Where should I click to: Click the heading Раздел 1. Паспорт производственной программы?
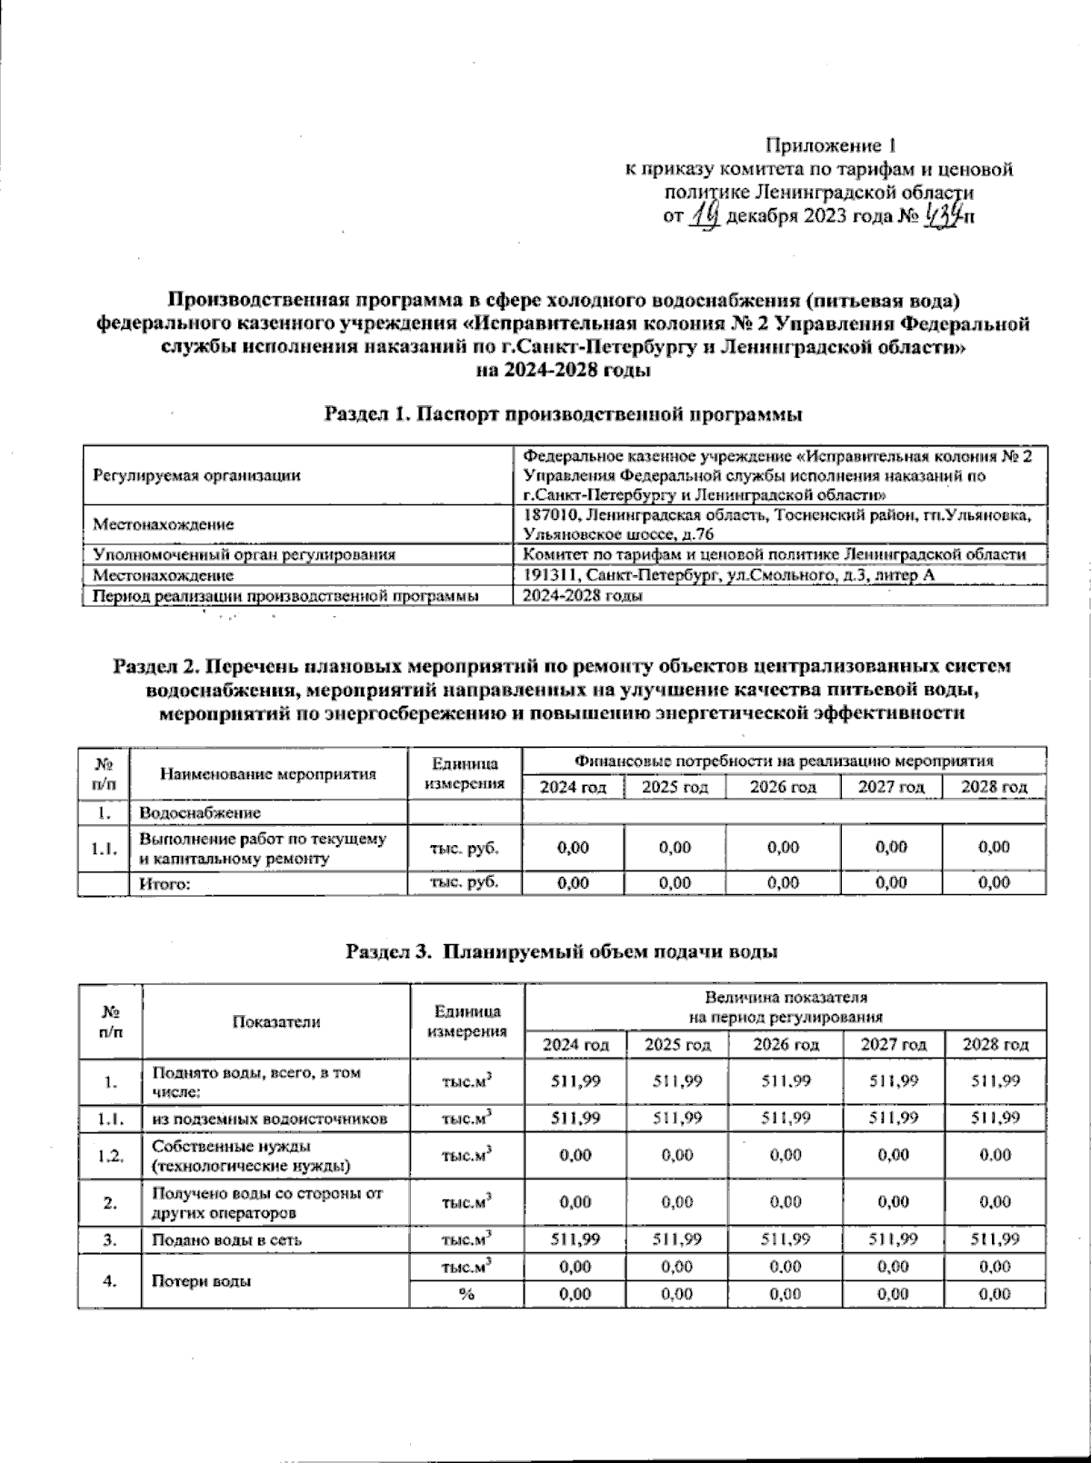pos(564,415)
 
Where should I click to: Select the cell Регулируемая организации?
pos(197,474)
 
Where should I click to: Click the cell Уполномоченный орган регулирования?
pos(245,554)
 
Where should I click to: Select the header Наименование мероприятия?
pos(268,774)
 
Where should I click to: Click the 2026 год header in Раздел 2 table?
pos(783,787)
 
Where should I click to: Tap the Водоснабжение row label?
pos(199,812)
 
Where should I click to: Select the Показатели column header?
pos(276,1021)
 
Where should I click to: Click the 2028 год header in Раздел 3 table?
pos(996,1045)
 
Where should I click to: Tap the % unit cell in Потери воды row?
pos(466,1294)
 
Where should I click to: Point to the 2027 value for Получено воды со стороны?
pos(893,1201)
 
